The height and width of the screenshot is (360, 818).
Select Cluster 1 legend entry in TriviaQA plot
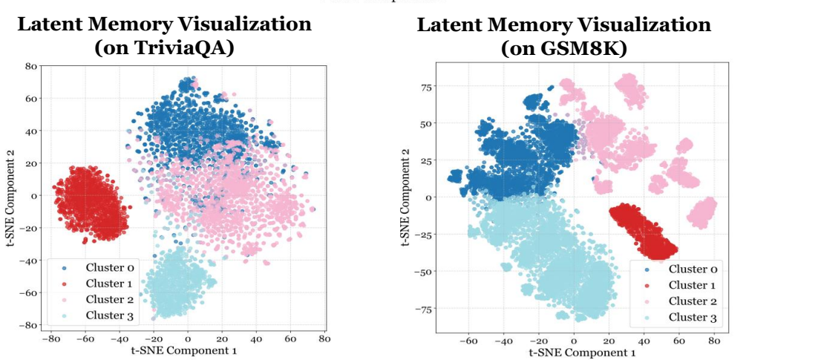(104, 284)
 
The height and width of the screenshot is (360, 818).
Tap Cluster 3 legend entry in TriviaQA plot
(104, 315)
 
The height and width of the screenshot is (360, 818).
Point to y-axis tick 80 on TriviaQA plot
(30, 66)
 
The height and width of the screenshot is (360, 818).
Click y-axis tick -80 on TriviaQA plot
(28, 325)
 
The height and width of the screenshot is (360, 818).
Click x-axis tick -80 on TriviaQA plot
(50, 339)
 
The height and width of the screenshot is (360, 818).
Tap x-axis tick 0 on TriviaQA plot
(188, 339)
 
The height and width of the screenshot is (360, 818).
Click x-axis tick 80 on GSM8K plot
(714, 342)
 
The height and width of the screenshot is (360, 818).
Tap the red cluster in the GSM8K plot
(643, 232)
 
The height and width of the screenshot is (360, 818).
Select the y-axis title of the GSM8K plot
(405, 197)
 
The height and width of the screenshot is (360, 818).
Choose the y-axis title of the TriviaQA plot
(10, 196)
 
